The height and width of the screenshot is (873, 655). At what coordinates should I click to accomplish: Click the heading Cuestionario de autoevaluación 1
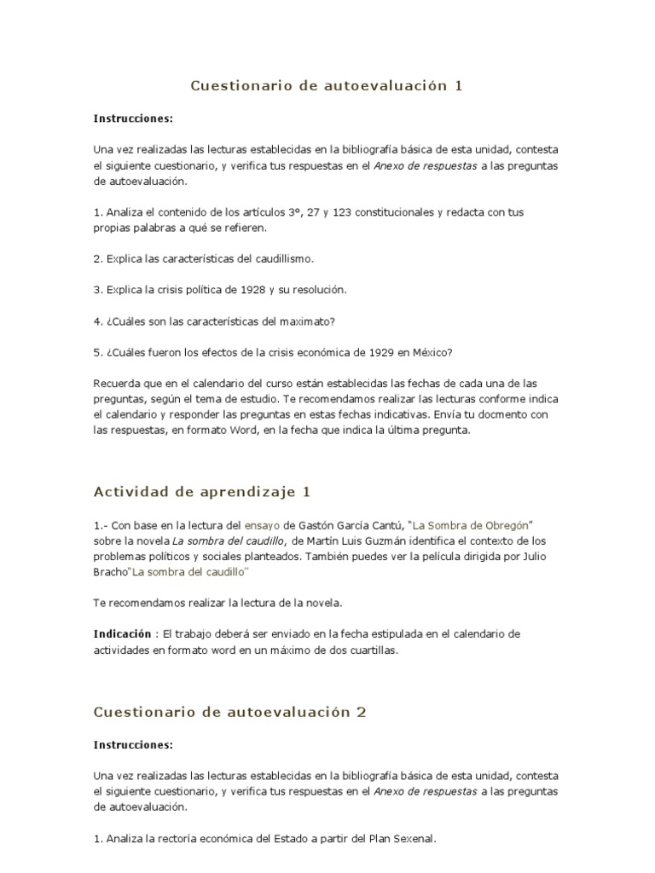click(327, 85)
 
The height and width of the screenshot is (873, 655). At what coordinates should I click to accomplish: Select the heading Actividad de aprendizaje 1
click(202, 492)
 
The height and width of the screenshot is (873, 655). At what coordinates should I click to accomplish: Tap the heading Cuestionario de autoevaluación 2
click(229, 712)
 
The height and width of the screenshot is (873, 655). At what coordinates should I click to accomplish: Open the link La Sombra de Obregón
click(472, 525)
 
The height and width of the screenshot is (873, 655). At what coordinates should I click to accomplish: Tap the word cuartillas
click(371, 650)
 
